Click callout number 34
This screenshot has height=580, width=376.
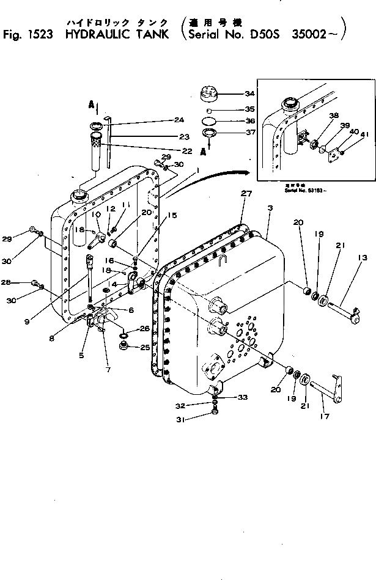[249, 94]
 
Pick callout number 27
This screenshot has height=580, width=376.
[246, 194]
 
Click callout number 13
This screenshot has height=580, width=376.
[363, 259]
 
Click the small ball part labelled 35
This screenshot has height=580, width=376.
[210, 109]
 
